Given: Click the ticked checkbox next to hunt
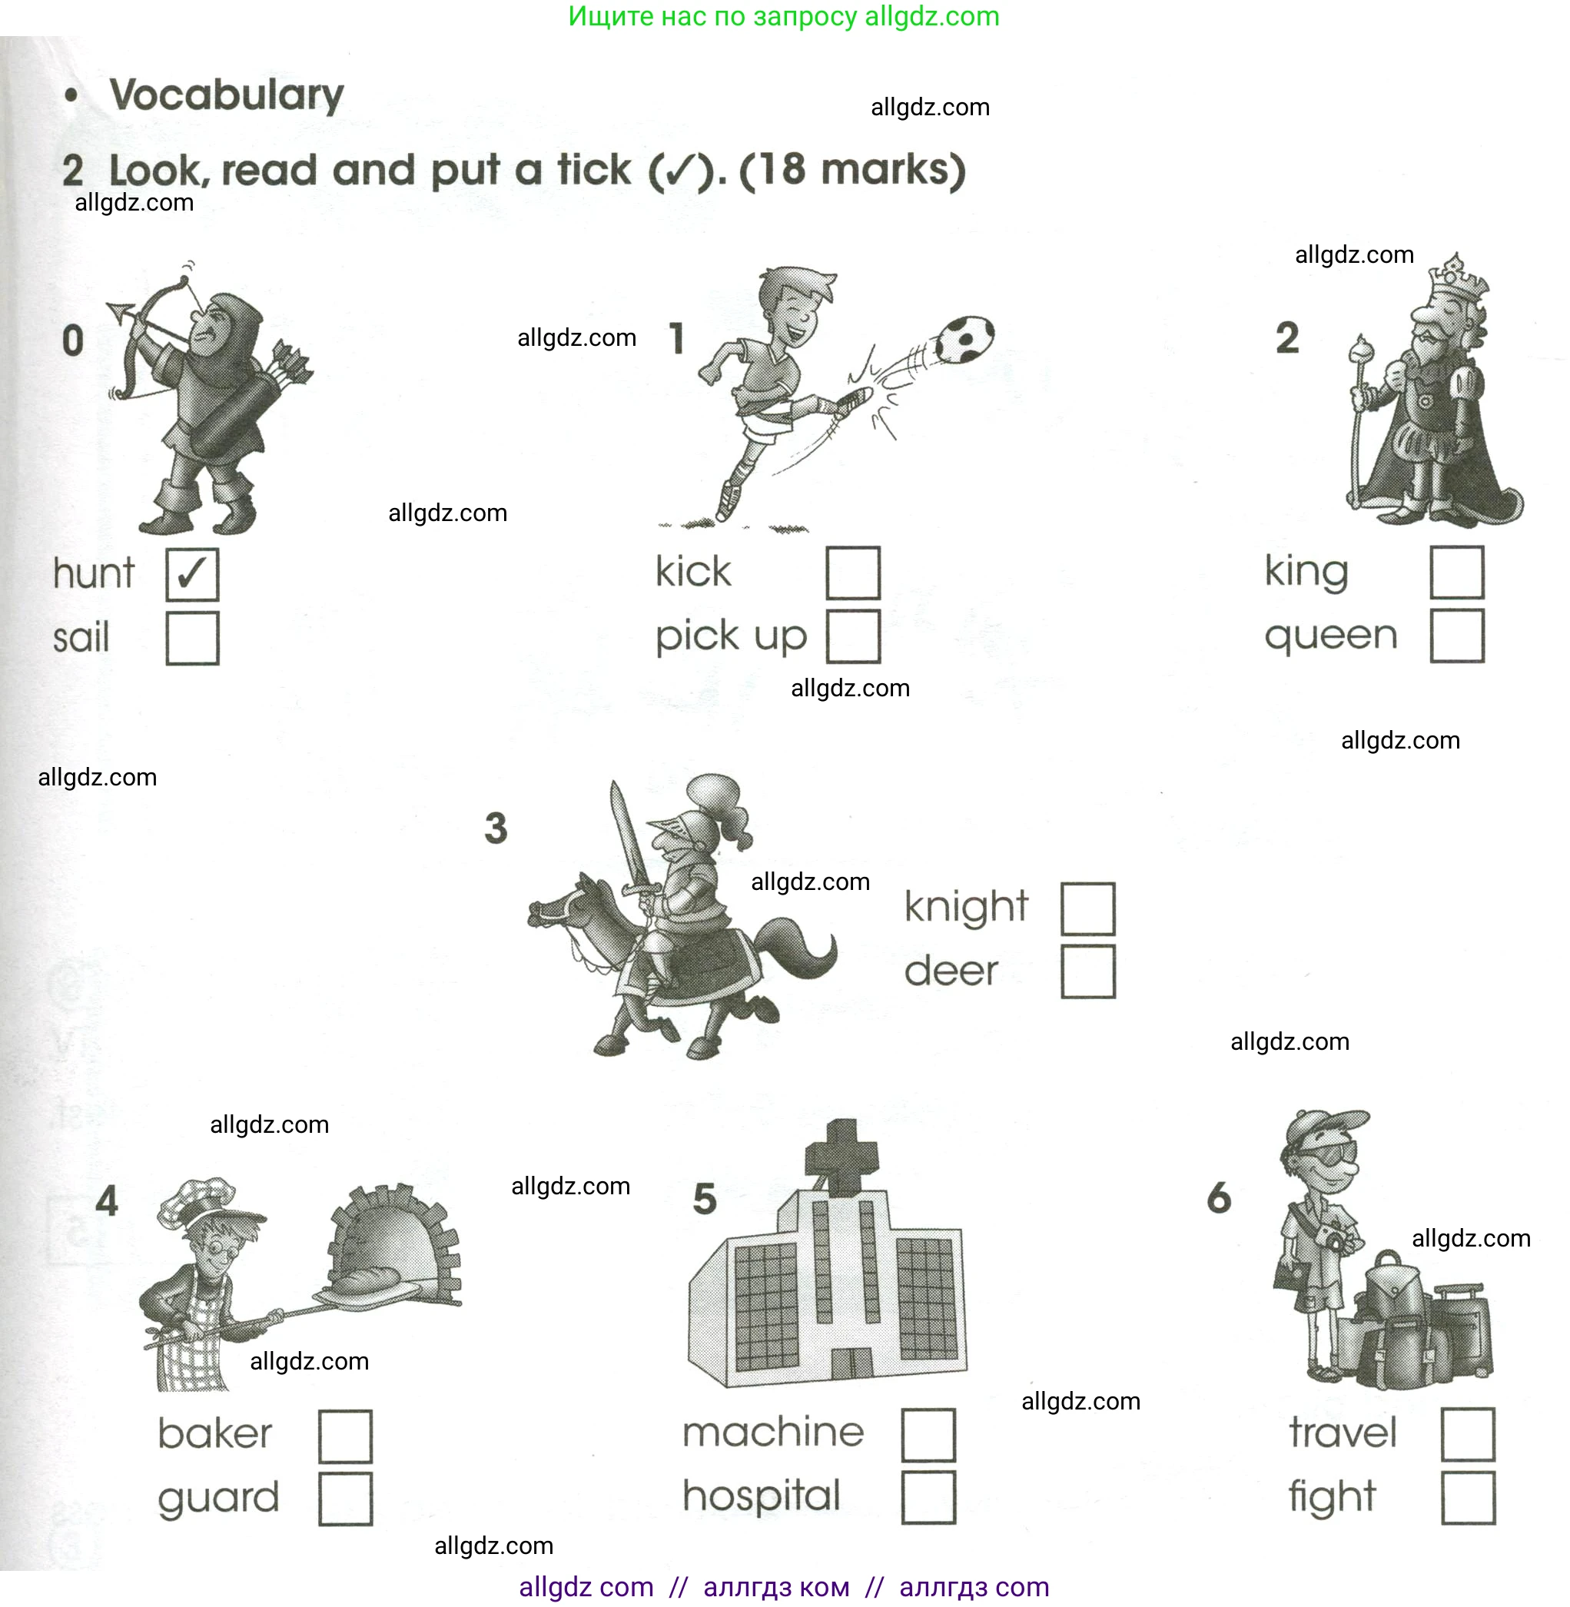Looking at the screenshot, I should pyautogui.click(x=192, y=575).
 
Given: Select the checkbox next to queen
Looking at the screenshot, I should pyautogui.click(x=1457, y=636).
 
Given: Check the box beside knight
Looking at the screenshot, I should pyautogui.click(x=1087, y=908).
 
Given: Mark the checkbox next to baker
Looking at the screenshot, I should pyautogui.click(x=346, y=1436).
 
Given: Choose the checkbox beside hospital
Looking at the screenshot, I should pyautogui.click(x=928, y=1497).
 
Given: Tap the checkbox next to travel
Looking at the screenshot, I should pyautogui.click(x=1468, y=1435).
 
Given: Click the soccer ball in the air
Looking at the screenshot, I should pyautogui.click(x=964, y=339).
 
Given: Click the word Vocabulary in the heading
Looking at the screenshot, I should pyautogui.click(x=227, y=95).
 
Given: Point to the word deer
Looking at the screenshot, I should pyautogui.click(x=951, y=971).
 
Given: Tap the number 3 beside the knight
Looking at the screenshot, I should pyautogui.click(x=496, y=828).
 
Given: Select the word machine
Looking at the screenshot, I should pyautogui.click(x=772, y=1433).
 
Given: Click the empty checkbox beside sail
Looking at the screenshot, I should pyautogui.click(x=192, y=638).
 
